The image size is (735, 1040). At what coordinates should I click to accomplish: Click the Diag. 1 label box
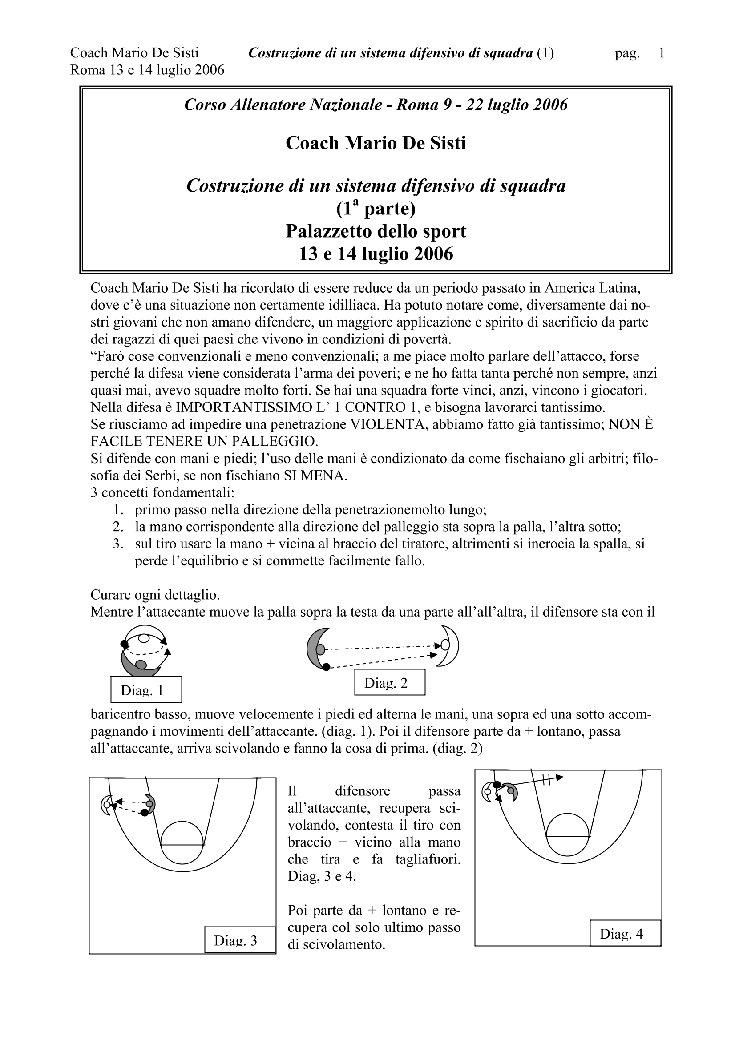146,689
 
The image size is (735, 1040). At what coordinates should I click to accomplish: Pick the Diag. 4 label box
625,934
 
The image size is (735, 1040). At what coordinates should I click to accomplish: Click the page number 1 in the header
662,53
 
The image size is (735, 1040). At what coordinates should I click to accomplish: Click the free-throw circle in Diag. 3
182,842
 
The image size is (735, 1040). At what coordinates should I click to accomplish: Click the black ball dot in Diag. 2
326,666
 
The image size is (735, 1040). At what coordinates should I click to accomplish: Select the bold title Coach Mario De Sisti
376,144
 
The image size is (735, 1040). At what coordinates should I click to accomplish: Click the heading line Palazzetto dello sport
376,231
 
